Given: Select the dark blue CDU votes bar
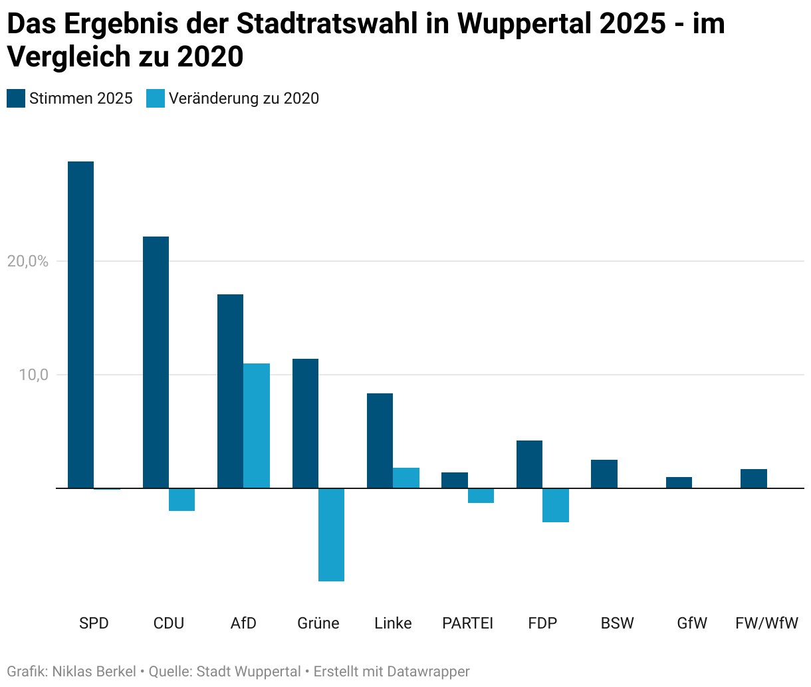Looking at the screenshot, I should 156,362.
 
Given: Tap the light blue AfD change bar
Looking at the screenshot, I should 257,425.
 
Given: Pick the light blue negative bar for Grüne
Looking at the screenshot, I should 331,535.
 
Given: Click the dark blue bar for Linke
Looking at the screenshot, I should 380,441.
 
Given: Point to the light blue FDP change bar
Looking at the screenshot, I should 556,505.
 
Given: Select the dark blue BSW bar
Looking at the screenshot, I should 604,474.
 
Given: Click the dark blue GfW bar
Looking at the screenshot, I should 679,482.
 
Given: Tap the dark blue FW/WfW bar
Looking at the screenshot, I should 753,478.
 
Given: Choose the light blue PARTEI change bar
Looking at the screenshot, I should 481,496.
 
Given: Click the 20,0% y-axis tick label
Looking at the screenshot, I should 28,261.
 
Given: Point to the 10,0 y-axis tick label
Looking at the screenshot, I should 33,375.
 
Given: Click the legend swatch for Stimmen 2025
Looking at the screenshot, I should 16,98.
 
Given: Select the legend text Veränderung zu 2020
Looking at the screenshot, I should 243,98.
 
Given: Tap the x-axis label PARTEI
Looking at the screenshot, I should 467,623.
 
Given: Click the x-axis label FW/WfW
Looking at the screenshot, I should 766,623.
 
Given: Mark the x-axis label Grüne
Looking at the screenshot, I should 318,623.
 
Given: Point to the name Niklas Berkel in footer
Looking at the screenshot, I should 94,672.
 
